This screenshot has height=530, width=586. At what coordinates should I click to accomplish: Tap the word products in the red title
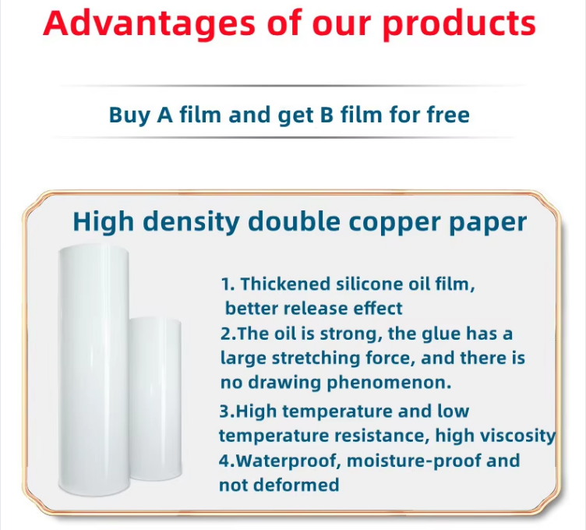(459, 24)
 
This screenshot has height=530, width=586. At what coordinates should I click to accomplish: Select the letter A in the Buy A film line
(165, 115)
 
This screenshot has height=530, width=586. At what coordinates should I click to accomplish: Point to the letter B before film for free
(327, 115)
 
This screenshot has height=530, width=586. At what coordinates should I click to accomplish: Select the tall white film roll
(94, 370)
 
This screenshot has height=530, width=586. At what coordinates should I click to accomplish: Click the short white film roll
(156, 398)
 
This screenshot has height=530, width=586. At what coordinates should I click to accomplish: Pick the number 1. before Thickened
(228, 284)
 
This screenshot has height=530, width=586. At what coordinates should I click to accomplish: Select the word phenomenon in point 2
(389, 383)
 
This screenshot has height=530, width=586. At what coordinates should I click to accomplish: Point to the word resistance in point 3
(382, 436)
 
